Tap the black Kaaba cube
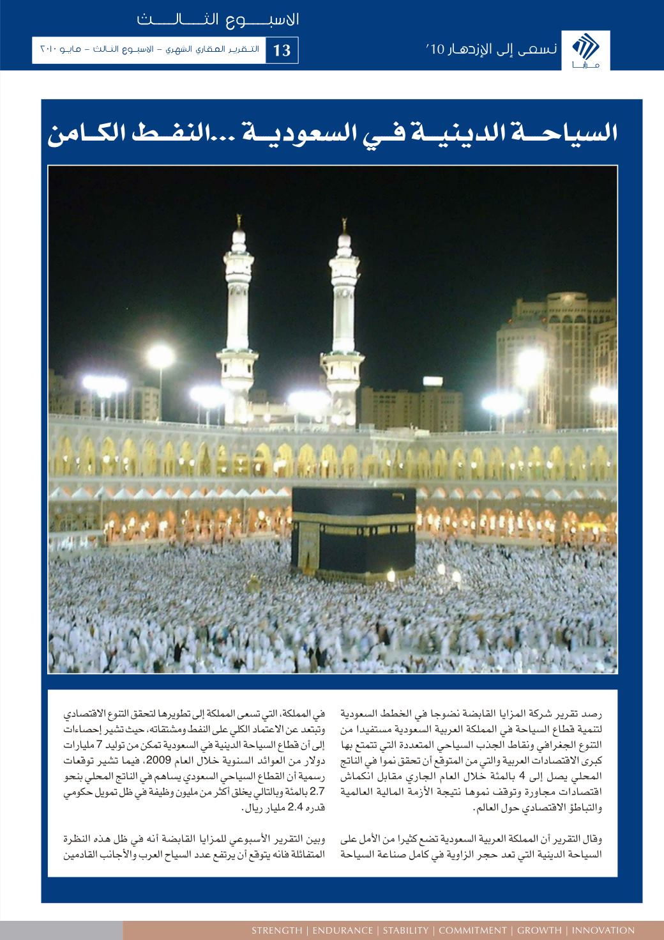click(354, 530)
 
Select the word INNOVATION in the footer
click(603, 930)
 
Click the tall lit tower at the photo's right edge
click(578, 358)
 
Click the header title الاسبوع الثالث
click(218, 19)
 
